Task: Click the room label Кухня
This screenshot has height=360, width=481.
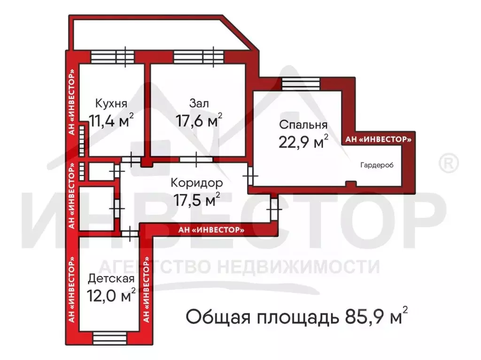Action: pos(111,103)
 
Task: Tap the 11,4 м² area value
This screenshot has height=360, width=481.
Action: pos(111,121)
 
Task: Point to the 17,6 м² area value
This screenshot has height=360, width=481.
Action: pos(199,121)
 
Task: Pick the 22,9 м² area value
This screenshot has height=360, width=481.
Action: pos(303,142)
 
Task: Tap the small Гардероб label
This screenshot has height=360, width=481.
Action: pos(377,165)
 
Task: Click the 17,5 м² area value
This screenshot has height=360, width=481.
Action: pos(197,200)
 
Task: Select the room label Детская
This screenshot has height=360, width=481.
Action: pos(111,279)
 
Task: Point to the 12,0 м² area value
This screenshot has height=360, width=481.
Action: pos(111,297)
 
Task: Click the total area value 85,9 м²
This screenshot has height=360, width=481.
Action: pos(374,317)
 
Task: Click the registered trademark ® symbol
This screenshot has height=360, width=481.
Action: pos(448,163)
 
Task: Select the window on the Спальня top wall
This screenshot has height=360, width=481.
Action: pos(301,84)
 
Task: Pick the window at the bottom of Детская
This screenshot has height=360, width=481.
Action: pos(109,337)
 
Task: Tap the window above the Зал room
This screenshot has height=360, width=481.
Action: pos(198,57)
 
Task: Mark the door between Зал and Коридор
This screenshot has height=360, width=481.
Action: pos(196,159)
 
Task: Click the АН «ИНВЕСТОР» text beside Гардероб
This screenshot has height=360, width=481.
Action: pos(378,139)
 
